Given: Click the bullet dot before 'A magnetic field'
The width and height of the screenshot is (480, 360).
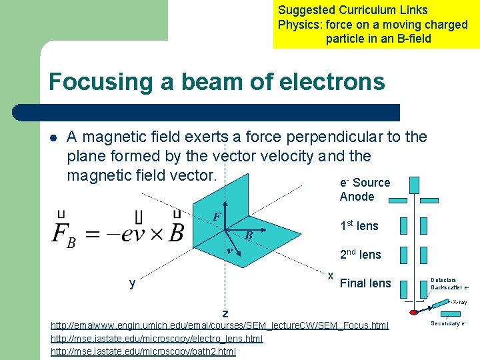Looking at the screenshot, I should pos(53,138).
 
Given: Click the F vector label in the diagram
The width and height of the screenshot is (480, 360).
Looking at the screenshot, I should pos(217,217).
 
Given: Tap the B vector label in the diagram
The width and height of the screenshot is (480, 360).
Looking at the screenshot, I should pos(248,235).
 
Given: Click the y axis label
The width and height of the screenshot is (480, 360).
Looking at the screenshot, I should pos(133,283).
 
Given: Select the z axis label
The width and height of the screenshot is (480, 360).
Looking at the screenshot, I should pos(225,313).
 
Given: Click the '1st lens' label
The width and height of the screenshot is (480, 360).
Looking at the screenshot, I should pos(359,226).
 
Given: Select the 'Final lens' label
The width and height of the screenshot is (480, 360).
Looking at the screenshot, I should pos(365,283).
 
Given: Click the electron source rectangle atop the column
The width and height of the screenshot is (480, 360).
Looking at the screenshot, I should pos(415,184).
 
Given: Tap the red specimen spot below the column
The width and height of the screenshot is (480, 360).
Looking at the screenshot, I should pos(414,312).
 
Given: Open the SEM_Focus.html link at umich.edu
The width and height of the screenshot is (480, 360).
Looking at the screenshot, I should pos(220,325).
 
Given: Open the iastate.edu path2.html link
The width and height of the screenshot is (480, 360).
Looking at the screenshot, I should pos(143,351).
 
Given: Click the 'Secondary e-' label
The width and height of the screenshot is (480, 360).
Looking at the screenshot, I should pos(448,323).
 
